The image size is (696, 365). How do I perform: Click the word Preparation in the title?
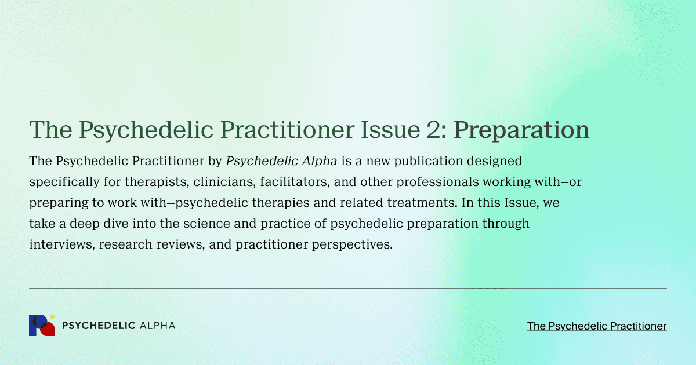point(521,130)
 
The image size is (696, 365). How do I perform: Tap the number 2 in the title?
point(433,130)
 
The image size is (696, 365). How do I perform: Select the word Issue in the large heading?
point(390,130)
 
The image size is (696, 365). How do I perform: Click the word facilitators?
point(295,182)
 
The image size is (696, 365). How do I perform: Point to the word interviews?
point(62,244)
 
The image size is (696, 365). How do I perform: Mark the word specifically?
point(64,182)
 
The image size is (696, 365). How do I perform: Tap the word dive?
point(116,224)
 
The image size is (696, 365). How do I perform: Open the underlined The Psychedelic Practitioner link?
point(597,326)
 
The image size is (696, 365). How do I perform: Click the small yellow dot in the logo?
point(53,316)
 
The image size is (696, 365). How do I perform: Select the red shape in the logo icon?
point(48,330)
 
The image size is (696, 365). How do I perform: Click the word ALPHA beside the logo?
point(158,326)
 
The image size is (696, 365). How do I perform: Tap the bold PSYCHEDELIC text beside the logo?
point(99,326)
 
